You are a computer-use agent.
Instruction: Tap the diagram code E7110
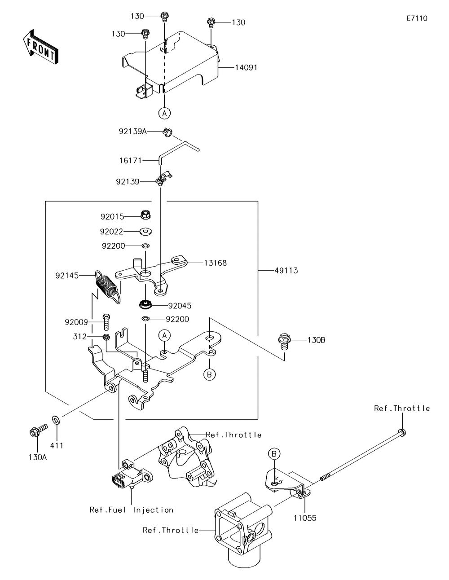click(417, 18)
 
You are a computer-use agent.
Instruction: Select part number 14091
click(246, 68)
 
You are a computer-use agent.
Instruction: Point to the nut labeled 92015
click(145, 215)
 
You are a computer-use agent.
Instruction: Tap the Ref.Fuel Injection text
click(131, 510)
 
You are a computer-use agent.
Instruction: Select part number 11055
click(305, 518)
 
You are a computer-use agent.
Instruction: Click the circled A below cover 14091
click(164, 113)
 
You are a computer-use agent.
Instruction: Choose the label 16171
click(131, 160)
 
